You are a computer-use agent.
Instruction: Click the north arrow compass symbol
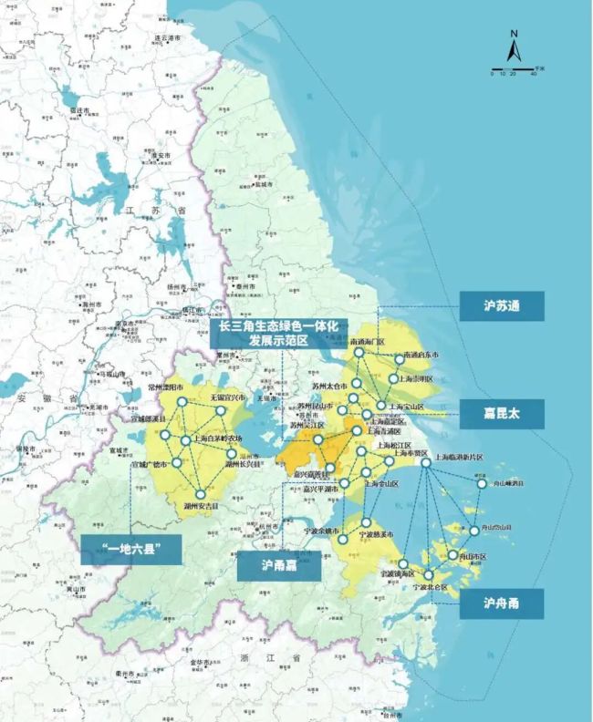pos(514,46)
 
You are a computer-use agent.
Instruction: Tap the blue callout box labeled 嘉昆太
pos(501,415)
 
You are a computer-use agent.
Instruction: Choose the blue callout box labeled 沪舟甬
pos(501,603)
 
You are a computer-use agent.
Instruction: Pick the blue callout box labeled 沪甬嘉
pos(279,565)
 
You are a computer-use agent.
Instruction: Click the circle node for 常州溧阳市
pos(182,401)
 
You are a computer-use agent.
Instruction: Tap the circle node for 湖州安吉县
pos(201,493)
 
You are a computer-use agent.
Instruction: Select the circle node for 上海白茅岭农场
pos(185,441)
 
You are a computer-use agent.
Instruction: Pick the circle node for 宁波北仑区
pos(429,575)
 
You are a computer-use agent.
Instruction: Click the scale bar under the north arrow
pos(514,70)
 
